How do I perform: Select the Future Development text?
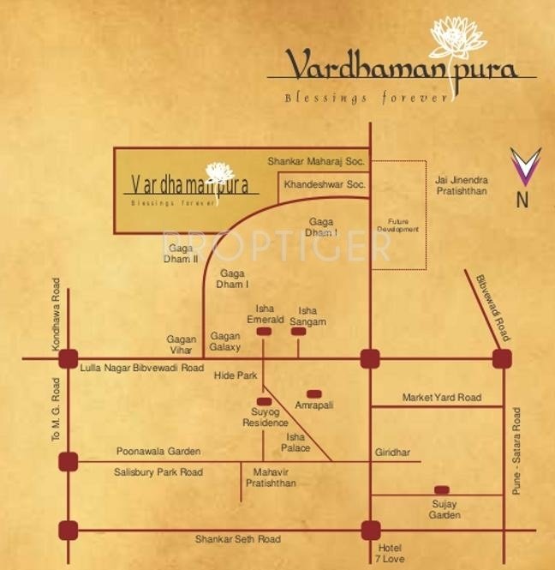[397, 226]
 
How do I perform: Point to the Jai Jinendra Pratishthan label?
[461, 186]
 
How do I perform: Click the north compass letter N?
[521, 201]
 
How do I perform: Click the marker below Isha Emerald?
[264, 331]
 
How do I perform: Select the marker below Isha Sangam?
[298, 331]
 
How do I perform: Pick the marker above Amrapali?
[313, 393]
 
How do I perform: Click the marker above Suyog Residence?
[264, 401]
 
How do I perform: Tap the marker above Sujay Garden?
[441, 490]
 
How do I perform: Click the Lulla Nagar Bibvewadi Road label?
[141, 368]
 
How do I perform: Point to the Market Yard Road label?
[441, 398]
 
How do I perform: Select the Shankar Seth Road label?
[237, 539]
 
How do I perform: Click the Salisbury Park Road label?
[158, 472]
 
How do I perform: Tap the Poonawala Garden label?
[158, 452]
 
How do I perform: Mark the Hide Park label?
[236, 376]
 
